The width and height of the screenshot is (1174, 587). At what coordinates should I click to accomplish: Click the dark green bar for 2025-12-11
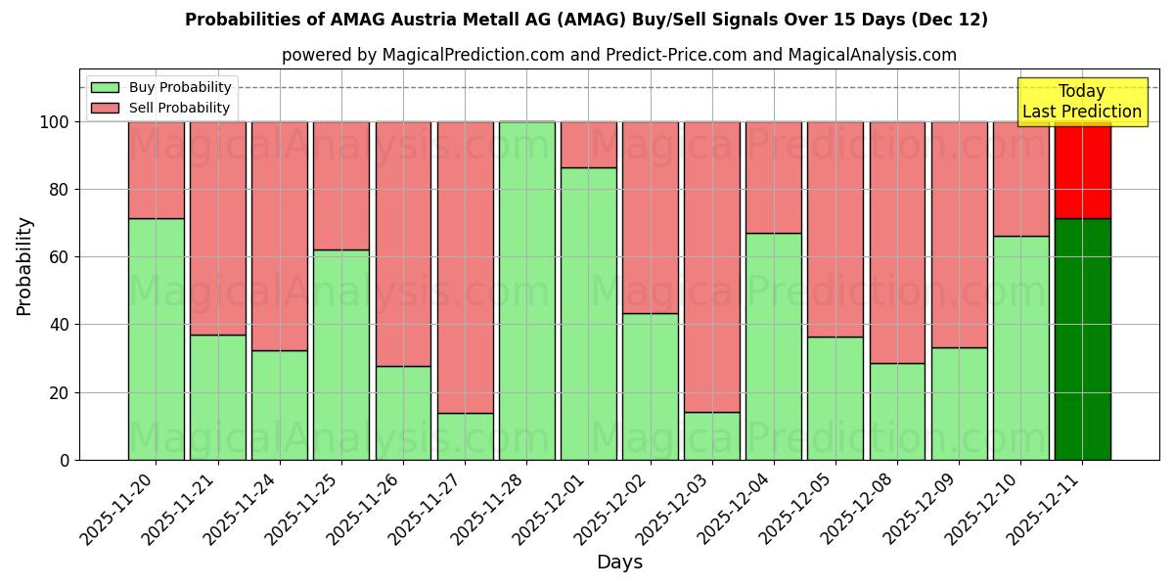click(x=1082, y=339)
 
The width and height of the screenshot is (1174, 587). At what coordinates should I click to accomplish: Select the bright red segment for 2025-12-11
click(x=1082, y=169)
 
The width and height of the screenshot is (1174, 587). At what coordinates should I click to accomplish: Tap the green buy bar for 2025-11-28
click(x=526, y=291)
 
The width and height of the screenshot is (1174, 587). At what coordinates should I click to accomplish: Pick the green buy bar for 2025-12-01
click(x=588, y=313)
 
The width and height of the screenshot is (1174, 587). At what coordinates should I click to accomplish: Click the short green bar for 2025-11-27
click(x=465, y=436)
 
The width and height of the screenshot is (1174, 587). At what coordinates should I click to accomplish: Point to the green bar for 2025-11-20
click(x=156, y=339)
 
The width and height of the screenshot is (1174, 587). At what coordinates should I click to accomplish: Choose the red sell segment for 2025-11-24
click(x=279, y=236)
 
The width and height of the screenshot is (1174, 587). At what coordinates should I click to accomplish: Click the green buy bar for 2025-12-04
click(x=773, y=346)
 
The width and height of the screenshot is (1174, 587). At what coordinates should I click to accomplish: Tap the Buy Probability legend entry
click(x=161, y=87)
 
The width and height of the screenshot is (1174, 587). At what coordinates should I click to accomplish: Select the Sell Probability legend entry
click(x=161, y=108)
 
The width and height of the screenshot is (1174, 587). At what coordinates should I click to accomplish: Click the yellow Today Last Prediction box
click(x=1081, y=102)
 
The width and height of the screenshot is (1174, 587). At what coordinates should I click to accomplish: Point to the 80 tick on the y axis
click(x=60, y=190)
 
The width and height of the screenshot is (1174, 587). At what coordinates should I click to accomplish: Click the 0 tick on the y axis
click(x=65, y=460)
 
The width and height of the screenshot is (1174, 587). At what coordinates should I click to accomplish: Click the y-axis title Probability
click(x=24, y=265)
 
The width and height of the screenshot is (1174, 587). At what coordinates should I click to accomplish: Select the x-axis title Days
click(x=619, y=563)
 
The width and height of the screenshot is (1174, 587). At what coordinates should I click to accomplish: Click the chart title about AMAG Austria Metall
click(x=586, y=20)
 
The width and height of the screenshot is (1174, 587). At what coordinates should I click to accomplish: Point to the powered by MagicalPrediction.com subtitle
click(x=618, y=55)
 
